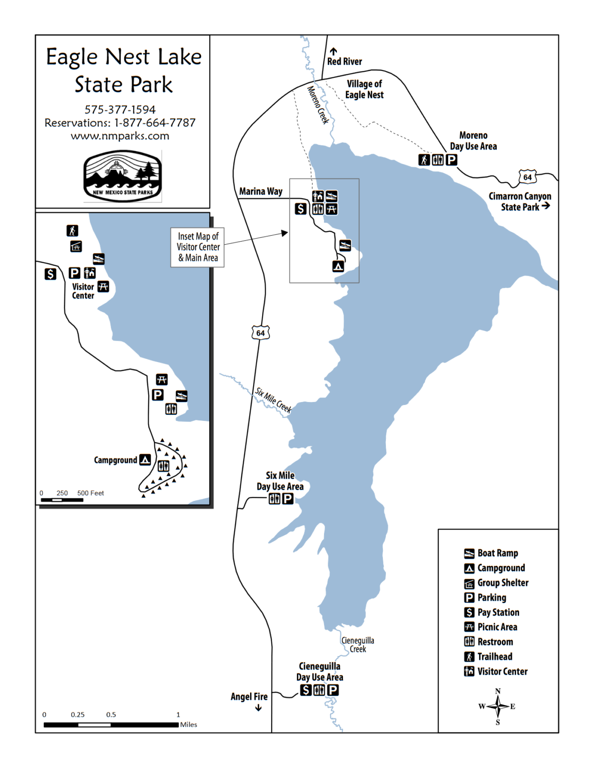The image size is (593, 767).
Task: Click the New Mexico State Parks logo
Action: tap(123, 176)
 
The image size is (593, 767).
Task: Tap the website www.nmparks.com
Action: tap(120, 136)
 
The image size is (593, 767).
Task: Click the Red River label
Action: tap(344, 61)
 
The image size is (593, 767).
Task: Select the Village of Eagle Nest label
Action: tap(364, 89)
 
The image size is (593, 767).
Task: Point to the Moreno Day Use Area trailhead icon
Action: tap(424, 160)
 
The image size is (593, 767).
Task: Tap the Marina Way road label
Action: tap(261, 191)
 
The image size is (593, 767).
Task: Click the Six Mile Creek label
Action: tap(273, 400)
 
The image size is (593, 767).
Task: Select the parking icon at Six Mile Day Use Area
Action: tap(288, 498)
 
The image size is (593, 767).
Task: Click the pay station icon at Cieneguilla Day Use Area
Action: tap(305, 690)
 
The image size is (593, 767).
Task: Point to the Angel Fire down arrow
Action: tap(259, 708)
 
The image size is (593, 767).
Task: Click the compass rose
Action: tap(498, 707)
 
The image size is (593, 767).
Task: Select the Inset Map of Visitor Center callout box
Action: tap(198, 247)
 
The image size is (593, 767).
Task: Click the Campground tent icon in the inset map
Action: tap(145, 459)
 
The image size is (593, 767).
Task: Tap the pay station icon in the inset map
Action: tap(50, 274)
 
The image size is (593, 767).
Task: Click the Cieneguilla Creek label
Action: tap(357, 645)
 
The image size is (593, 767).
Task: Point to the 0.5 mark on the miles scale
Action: tap(111, 715)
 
